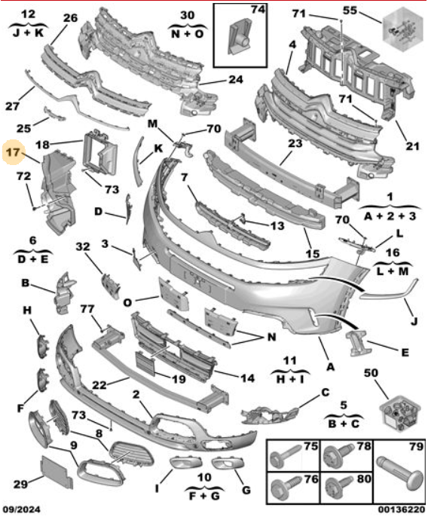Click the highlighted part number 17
(x=14, y=152)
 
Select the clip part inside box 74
(x=240, y=35)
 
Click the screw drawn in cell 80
(x=338, y=488)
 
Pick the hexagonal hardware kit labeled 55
(x=402, y=29)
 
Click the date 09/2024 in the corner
(x=22, y=509)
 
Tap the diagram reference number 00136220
(x=402, y=509)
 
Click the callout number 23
(x=295, y=143)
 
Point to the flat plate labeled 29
(x=57, y=472)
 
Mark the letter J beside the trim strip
(x=414, y=320)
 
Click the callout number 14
(x=248, y=378)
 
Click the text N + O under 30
(x=188, y=33)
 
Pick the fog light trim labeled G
(x=228, y=463)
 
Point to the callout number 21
(x=412, y=145)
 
